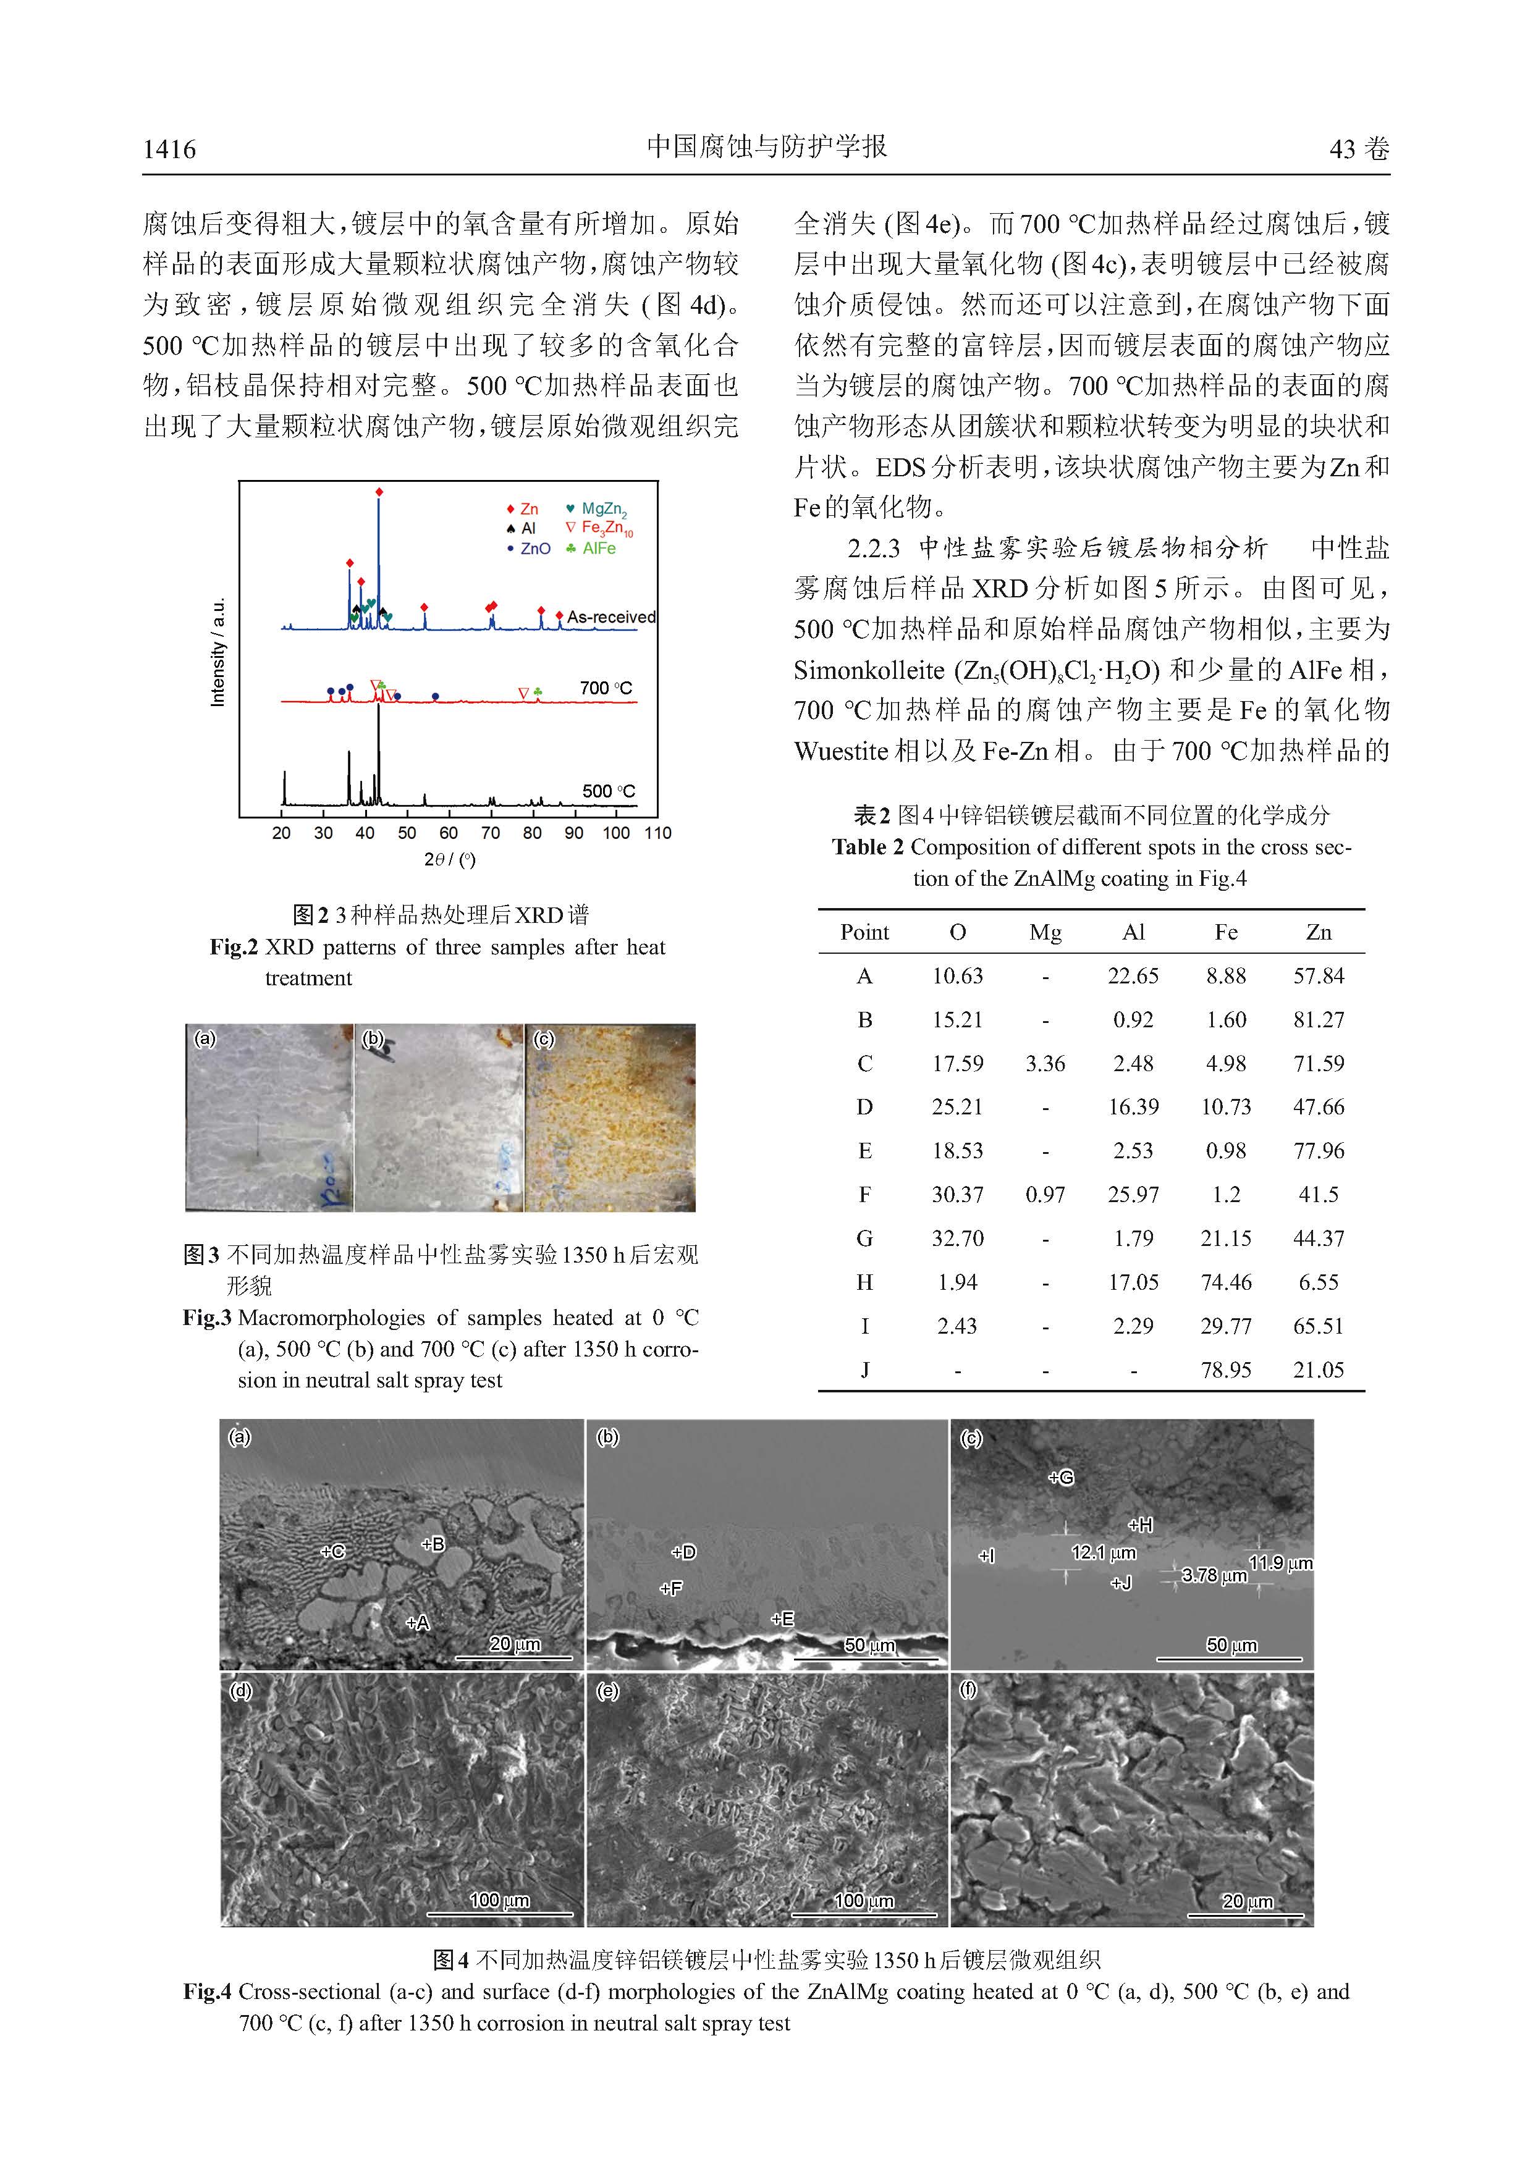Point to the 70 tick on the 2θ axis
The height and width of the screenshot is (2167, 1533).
[x=491, y=833]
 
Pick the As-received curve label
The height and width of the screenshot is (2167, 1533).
[x=610, y=617]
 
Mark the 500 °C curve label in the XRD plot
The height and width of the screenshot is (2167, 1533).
[x=609, y=791]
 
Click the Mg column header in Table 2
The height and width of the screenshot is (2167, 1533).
[x=1045, y=933]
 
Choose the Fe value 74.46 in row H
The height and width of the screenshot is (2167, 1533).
[x=1225, y=1282]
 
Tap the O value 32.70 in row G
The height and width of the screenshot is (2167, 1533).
[x=957, y=1239]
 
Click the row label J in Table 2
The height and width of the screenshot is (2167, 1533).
[x=864, y=1370]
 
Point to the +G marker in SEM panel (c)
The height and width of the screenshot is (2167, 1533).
[x=1061, y=1477]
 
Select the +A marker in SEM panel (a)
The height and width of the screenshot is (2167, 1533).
[x=417, y=1622]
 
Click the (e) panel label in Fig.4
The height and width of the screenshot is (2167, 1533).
[x=607, y=1690]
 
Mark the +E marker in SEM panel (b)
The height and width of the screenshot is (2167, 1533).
[x=782, y=1618]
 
